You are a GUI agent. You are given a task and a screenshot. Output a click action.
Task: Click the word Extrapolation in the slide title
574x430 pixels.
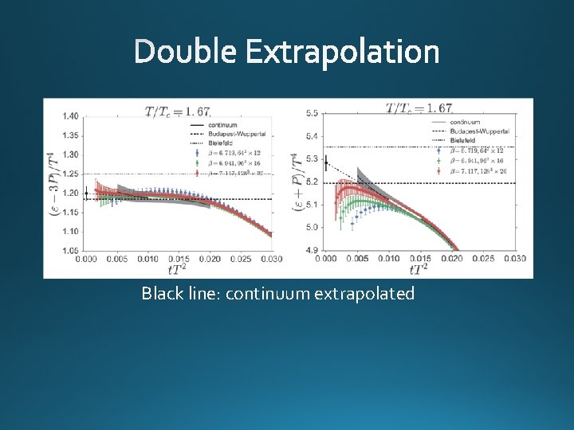[342, 53]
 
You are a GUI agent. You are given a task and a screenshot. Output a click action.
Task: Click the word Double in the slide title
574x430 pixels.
[185, 53]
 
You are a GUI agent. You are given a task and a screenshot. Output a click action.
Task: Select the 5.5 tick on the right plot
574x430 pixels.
[311, 114]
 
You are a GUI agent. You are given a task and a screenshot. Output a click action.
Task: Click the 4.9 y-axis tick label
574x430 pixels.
[311, 250]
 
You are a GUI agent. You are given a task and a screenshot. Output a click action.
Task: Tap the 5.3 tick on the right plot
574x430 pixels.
[311, 159]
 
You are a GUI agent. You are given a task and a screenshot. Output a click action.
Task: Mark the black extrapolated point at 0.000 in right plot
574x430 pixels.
[326, 166]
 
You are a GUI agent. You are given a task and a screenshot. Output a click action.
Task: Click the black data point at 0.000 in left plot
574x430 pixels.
[86, 193]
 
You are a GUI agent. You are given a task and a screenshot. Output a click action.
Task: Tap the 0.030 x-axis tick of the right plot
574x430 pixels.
[515, 259]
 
